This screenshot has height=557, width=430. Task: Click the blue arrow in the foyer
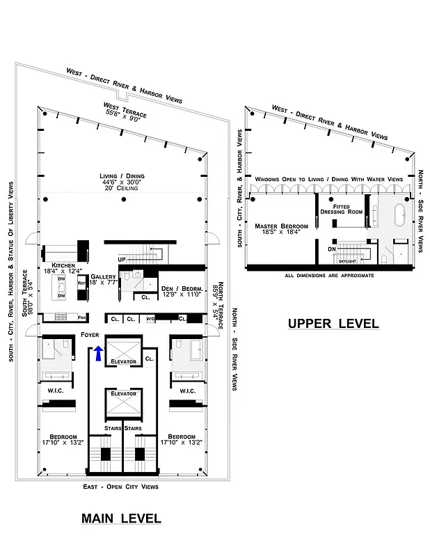coord(98,354)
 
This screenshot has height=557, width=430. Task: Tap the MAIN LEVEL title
coord(121,518)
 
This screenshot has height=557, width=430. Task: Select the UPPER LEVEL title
coord(333,323)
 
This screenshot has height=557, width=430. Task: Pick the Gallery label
coord(103,276)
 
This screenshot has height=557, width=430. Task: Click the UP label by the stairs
coord(122,259)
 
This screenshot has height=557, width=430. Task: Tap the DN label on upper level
coord(332,248)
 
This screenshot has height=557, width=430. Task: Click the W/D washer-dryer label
coord(150,319)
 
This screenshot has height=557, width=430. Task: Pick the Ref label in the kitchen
coord(81,284)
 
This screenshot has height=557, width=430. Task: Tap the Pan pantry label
coord(81,318)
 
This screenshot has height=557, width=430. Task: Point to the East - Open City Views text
coord(121,486)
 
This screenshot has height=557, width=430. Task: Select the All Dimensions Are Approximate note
coord(329,276)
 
